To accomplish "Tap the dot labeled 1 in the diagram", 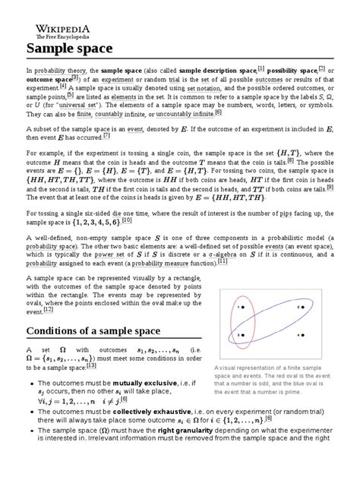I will tap(245, 307).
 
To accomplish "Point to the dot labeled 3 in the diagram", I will tap(245, 336).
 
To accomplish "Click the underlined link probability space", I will tap(50, 250).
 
